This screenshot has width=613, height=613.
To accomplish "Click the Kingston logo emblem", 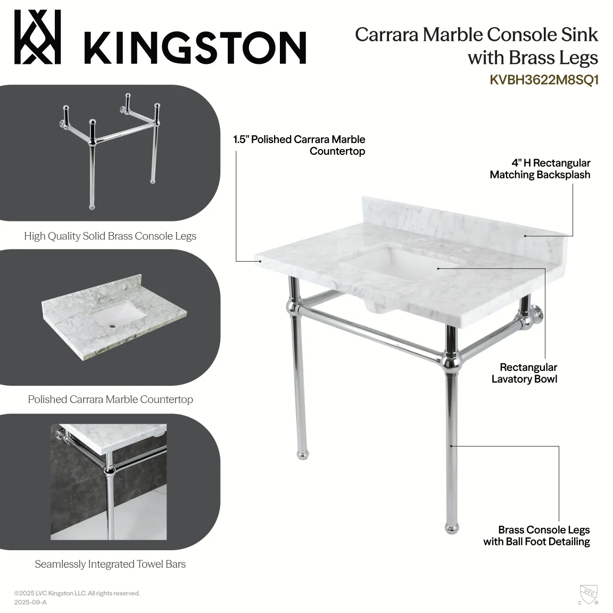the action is pyautogui.click(x=38, y=37).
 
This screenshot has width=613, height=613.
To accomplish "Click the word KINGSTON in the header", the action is pyautogui.click(x=195, y=48).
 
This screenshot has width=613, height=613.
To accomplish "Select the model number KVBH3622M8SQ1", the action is pyautogui.click(x=544, y=80).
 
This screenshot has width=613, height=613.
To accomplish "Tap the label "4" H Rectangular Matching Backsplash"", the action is pyautogui.click(x=540, y=169).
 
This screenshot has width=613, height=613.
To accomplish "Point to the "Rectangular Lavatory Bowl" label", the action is pyautogui.click(x=524, y=373).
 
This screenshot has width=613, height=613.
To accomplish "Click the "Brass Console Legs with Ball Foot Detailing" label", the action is pyautogui.click(x=536, y=536).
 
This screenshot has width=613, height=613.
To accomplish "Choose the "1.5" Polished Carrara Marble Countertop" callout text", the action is pyautogui.click(x=299, y=145).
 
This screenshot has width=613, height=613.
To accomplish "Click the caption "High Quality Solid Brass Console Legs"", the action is pyautogui.click(x=110, y=236).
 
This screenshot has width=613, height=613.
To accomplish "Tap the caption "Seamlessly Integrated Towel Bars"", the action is pyautogui.click(x=110, y=564).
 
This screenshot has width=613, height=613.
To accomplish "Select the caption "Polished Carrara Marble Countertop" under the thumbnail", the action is pyautogui.click(x=110, y=400).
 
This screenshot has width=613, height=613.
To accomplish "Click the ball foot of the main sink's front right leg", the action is pyautogui.click(x=452, y=528).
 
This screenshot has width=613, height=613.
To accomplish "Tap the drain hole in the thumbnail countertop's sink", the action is pyautogui.click(x=113, y=324).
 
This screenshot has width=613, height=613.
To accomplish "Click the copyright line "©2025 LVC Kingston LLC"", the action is pyautogui.click(x=77, y=593).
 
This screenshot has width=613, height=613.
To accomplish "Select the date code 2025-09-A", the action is pyautogui.click(x=30, y=602).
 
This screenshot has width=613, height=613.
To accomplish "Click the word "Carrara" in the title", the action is pyautogui.click(x=387, y=35).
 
